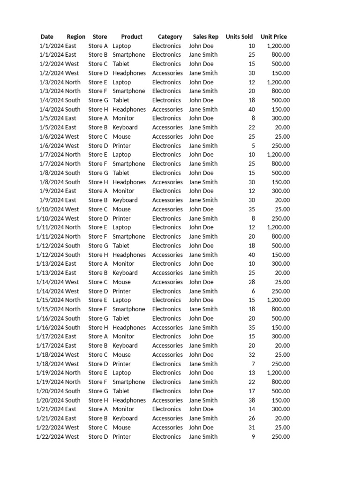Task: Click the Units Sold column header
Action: [x=239, y=37]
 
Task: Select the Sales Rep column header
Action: [x=205, y=37]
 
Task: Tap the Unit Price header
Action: [x=274, y=37]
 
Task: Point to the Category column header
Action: [x=170, y=37]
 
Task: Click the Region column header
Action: [x=76, y=37]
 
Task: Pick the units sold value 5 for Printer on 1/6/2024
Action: [x=253, y=146]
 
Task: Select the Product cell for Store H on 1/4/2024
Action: [x=129, y=109]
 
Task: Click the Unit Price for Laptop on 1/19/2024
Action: [x=278, y=373]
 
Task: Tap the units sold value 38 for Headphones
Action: [x=251, y=400]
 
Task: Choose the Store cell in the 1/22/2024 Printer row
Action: [x=98, y=437]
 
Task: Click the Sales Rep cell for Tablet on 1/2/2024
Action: [x=201, y=64]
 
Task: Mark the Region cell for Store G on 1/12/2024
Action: [x=73, y=246]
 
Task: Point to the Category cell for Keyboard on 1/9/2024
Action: [x=167, y=200]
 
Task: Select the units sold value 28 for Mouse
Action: [x=251, y=282]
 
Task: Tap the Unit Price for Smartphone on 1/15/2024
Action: [x=281, y=309]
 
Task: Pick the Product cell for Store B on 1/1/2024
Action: [x=129, y=55]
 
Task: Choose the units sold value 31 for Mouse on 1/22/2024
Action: [x=251, y=427]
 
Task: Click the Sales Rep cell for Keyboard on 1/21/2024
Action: [x=203, y=418]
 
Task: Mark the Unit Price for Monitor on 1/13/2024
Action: [x=281, y=264]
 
